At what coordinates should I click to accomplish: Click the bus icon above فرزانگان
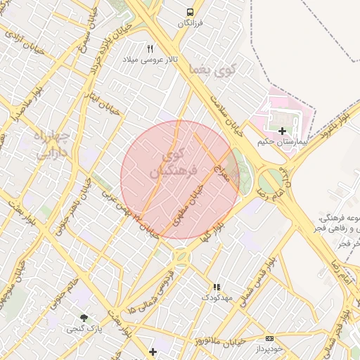(190, 12)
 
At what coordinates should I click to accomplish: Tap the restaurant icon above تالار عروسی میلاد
(149, 49)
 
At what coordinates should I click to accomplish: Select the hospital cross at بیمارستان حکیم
(282, 131)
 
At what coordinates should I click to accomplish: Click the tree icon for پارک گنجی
(84, 318)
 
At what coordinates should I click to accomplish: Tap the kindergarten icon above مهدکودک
(217, 287)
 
